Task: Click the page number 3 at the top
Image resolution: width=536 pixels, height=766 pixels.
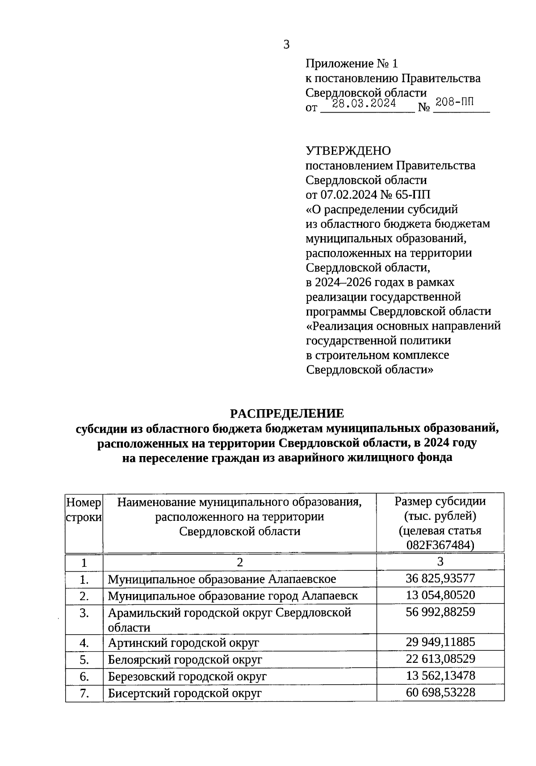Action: (286, 45)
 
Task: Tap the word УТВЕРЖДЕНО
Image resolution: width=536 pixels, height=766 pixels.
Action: (348, 151)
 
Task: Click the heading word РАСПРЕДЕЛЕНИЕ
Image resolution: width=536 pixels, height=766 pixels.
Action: (287, 413)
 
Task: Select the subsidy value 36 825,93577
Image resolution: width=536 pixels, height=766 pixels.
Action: (440, 578)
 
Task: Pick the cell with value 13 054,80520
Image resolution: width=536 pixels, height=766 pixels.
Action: (440, 595)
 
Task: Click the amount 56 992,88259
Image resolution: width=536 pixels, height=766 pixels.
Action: (440, 612)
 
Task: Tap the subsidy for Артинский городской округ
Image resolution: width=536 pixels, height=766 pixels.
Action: (440, 642)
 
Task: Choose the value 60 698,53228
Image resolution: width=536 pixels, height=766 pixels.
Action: (440, 693)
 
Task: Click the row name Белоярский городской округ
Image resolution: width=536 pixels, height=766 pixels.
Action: (185, 660)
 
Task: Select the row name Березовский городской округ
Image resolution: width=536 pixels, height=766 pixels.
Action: (187, 677)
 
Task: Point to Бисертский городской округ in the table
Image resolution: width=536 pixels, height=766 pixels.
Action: (184, 694)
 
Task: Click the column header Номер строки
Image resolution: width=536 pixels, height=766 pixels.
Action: (84, 510)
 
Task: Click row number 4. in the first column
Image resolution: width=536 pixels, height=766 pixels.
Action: (84, 643)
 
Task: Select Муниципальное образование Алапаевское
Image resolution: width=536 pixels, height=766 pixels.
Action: (222, 579)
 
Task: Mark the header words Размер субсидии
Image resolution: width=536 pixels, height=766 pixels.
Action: (440, 501)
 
